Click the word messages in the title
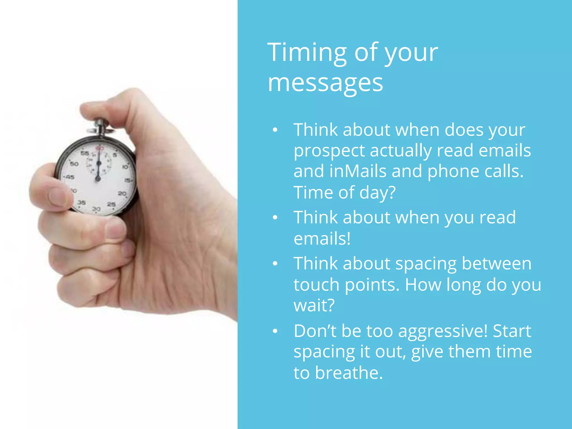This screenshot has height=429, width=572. (325, 83)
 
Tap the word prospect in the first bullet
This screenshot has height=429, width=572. (329, 151)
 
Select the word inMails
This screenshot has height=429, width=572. (358, 171)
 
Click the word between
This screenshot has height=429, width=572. (496, 264)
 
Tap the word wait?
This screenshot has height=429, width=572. (314, 305)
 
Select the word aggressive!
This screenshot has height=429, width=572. (443, 331)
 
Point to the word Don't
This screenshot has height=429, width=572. (315, 331)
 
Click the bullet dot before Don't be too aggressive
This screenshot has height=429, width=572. (275, 331)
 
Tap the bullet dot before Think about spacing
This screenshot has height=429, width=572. (275, 264)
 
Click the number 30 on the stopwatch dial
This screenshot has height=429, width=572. (96, 209)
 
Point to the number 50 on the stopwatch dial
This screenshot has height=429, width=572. (74, 164)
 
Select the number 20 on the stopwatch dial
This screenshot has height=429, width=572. (122, 193)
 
